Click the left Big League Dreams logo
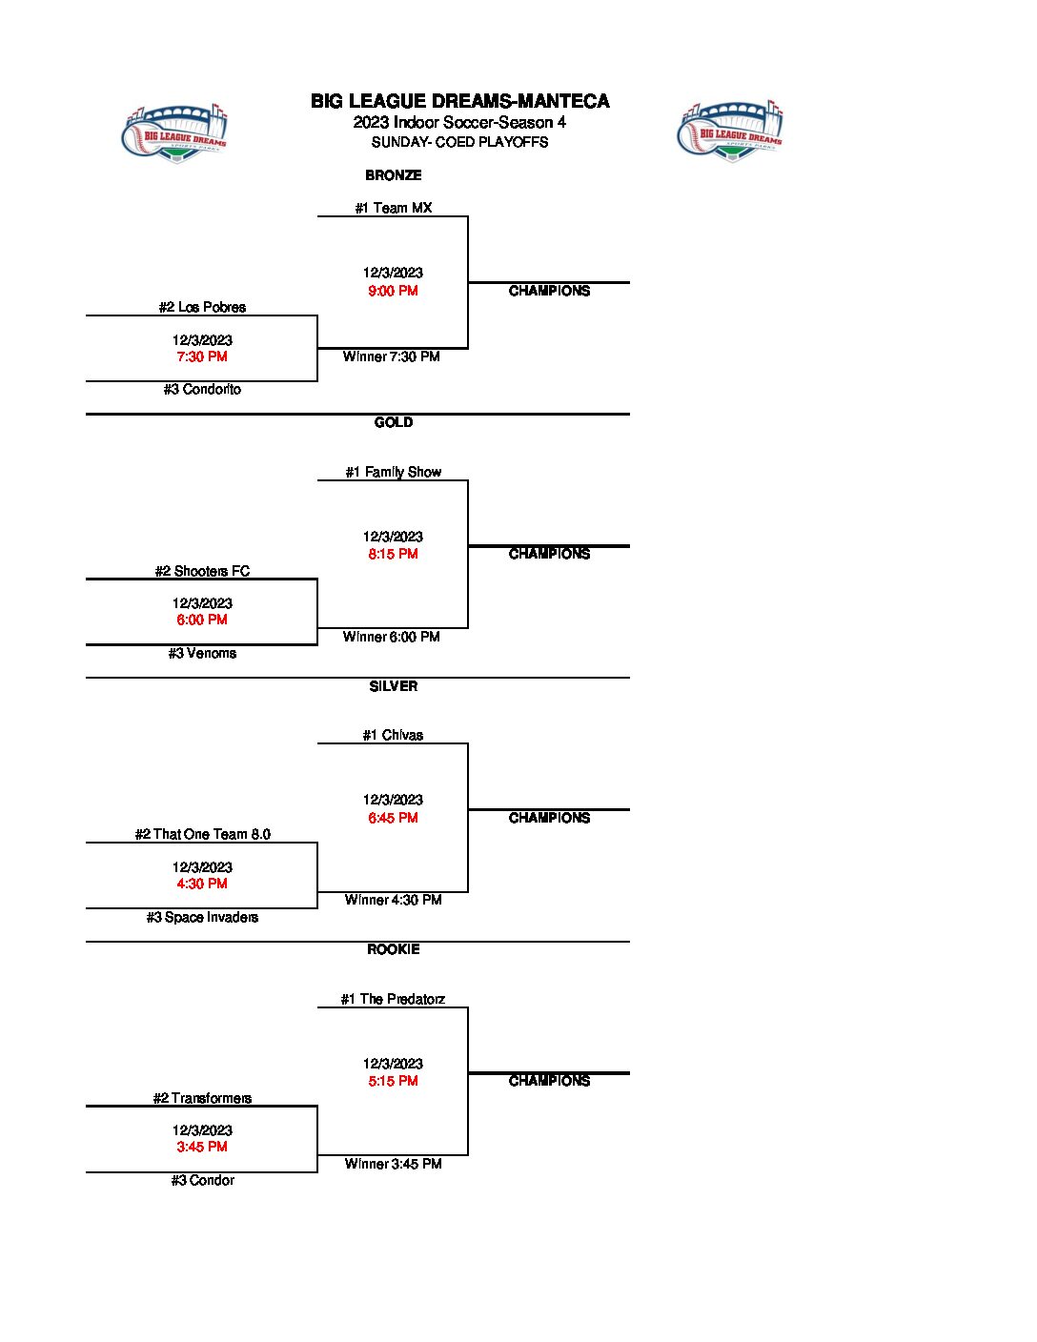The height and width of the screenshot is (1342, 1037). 175,132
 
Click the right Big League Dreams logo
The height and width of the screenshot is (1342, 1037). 730,132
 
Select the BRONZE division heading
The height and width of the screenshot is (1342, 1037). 393,175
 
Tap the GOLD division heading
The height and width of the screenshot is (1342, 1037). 393,422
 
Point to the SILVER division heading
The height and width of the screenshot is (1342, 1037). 393,686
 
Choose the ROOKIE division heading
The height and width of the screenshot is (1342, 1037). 393,949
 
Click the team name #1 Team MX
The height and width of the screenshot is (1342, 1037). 393,208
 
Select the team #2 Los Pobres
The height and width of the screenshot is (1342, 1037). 202,307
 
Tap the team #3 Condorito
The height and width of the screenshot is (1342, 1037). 202,389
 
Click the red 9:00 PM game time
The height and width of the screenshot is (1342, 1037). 393,291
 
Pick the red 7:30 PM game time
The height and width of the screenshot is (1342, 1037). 202,356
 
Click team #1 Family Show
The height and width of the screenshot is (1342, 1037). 393,472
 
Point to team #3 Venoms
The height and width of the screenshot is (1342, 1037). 202,653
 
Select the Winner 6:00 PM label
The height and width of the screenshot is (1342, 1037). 392,637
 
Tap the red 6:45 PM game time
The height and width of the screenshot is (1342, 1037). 393,818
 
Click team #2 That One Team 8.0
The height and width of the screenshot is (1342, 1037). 202,834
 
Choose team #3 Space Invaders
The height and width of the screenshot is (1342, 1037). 202,917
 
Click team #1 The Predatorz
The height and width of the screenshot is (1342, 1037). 393,999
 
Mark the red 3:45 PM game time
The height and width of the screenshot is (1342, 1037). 202,1147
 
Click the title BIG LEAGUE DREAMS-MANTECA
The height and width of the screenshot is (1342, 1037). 459,101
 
